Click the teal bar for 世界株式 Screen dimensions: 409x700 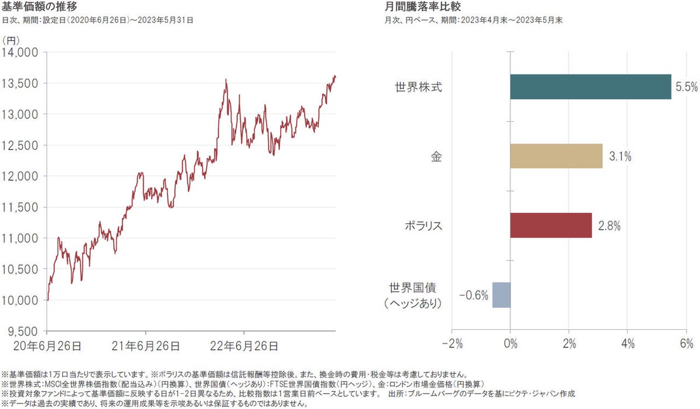(x=590, y=87)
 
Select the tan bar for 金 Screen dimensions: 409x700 (x=556, y=156)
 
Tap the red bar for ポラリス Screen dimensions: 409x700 (x=551, y=225)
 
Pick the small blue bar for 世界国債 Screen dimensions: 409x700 (x=501, y=295)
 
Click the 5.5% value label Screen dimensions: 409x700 (x=687, y=87)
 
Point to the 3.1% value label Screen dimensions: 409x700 (x=620, y=157)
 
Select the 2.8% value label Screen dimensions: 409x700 (x=609, y=226)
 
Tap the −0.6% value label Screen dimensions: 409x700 (x=473, y=295)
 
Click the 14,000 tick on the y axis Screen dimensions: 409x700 (x=20, y=52)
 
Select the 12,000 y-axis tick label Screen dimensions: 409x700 (x=20, y=177)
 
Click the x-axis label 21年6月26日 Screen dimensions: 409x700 (x=145, y=346)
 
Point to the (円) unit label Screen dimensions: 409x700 (x=12, y=40)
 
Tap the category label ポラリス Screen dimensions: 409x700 (x=423, y=226)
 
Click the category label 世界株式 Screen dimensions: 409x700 (x=419, y=87)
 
